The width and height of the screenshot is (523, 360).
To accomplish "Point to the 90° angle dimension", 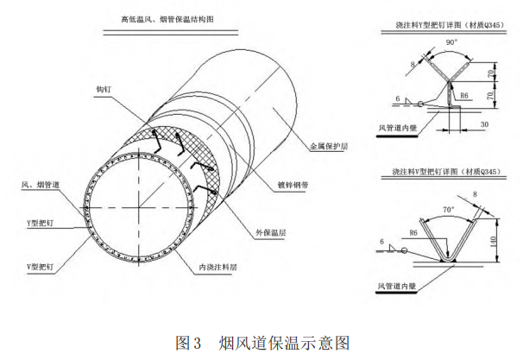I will [449, 42].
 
